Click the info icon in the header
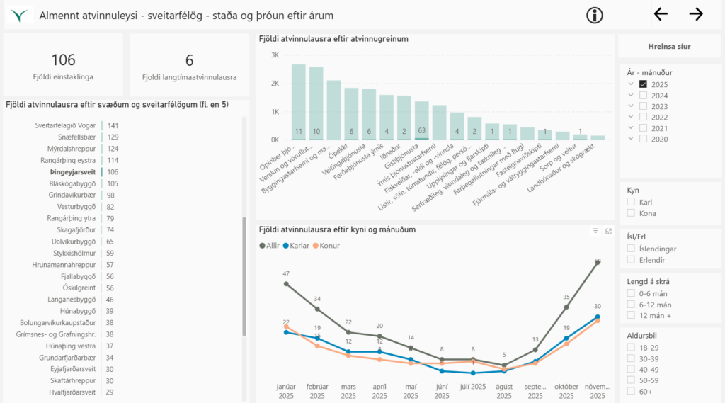coord(595,15)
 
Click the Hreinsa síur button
coord(670,47)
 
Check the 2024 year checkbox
coord(643,95)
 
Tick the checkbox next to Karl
coord(630,202)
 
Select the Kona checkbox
coord(630,213)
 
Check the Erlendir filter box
coord(630,260)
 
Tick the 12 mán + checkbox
coord(630,315)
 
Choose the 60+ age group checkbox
coord(630,392)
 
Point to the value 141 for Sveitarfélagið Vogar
coord(113,125)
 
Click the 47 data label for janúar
coord(286,273)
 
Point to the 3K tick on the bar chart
coord(274,55)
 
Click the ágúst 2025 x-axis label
coord(503,391)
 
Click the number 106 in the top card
coord(63,60)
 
